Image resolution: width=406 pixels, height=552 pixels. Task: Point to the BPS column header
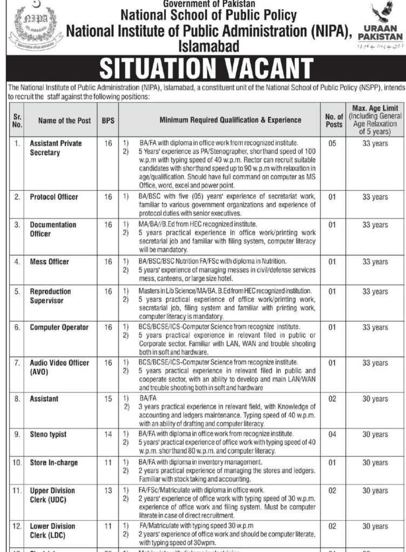pos(109,121)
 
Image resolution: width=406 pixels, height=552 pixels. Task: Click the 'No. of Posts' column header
pos(334,121)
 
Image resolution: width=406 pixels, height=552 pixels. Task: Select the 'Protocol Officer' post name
pos(54,197)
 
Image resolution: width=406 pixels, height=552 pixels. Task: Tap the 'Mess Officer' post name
pos(50,261)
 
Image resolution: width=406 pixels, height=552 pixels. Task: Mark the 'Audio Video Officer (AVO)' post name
pos(59,367)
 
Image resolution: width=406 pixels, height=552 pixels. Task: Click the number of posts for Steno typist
pos(334,434)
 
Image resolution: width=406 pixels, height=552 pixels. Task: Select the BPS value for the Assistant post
pos(109,399)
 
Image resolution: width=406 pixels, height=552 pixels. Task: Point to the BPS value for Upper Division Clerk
pos(109,491)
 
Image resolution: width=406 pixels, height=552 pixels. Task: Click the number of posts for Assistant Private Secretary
pos(334,144)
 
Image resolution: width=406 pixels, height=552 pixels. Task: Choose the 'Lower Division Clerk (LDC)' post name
pos(53,530)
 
